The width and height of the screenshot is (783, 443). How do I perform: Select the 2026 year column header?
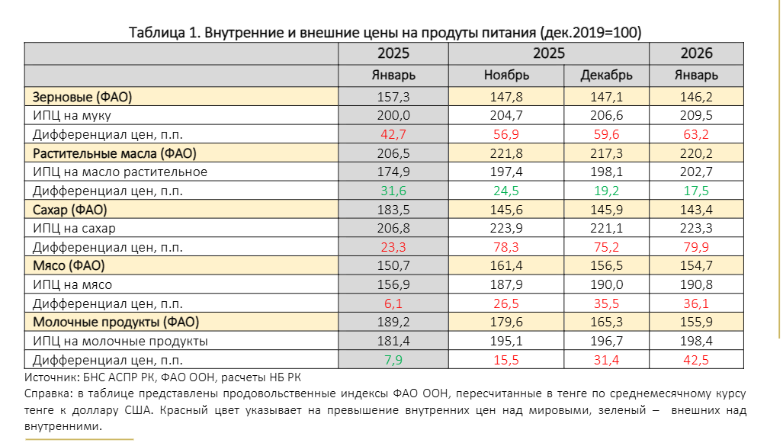click(695, 53)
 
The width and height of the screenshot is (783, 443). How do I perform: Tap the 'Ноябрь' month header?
click(506, 75)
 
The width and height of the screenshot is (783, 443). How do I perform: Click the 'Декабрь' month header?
click(606, 75)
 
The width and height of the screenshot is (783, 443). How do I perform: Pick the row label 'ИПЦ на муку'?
click(72, 116)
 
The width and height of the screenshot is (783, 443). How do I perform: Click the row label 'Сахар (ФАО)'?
click(69, 210)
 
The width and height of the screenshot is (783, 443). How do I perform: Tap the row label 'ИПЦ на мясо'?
click(72, 284)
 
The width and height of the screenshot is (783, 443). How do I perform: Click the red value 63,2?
click(695, 135)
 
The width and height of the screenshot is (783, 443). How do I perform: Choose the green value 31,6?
click(393, 191)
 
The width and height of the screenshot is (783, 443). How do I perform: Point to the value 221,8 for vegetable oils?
click(506, 153)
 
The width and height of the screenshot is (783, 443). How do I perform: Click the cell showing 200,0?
click(393, 116)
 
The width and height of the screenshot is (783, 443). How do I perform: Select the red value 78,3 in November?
click(506, 247)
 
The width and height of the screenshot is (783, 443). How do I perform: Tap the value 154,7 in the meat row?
click(695, 266)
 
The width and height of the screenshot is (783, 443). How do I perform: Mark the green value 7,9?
click(393, 360)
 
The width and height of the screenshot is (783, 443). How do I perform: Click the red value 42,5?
click(695, 360)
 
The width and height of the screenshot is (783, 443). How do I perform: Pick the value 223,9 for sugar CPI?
click(506, 229)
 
